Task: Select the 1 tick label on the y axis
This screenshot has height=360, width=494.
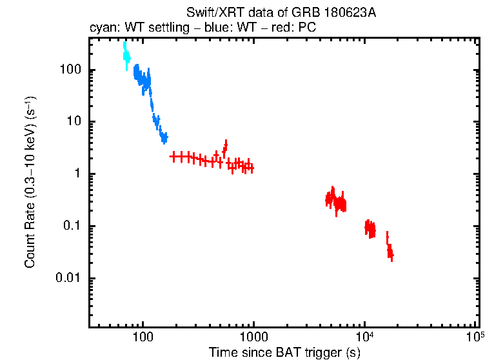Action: [x=75, y=174]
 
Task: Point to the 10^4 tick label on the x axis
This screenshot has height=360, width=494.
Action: [x=364, y=337]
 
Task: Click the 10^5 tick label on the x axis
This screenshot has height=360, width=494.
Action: [x=475, y=337]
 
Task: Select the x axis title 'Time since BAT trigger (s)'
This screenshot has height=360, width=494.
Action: [x=284, y=352]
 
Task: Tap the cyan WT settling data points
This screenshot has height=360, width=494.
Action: [x=126, y=57]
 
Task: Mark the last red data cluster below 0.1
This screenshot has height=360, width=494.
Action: [x=390, y=250]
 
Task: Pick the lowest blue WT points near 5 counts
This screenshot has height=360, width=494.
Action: [x=164, y=137]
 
